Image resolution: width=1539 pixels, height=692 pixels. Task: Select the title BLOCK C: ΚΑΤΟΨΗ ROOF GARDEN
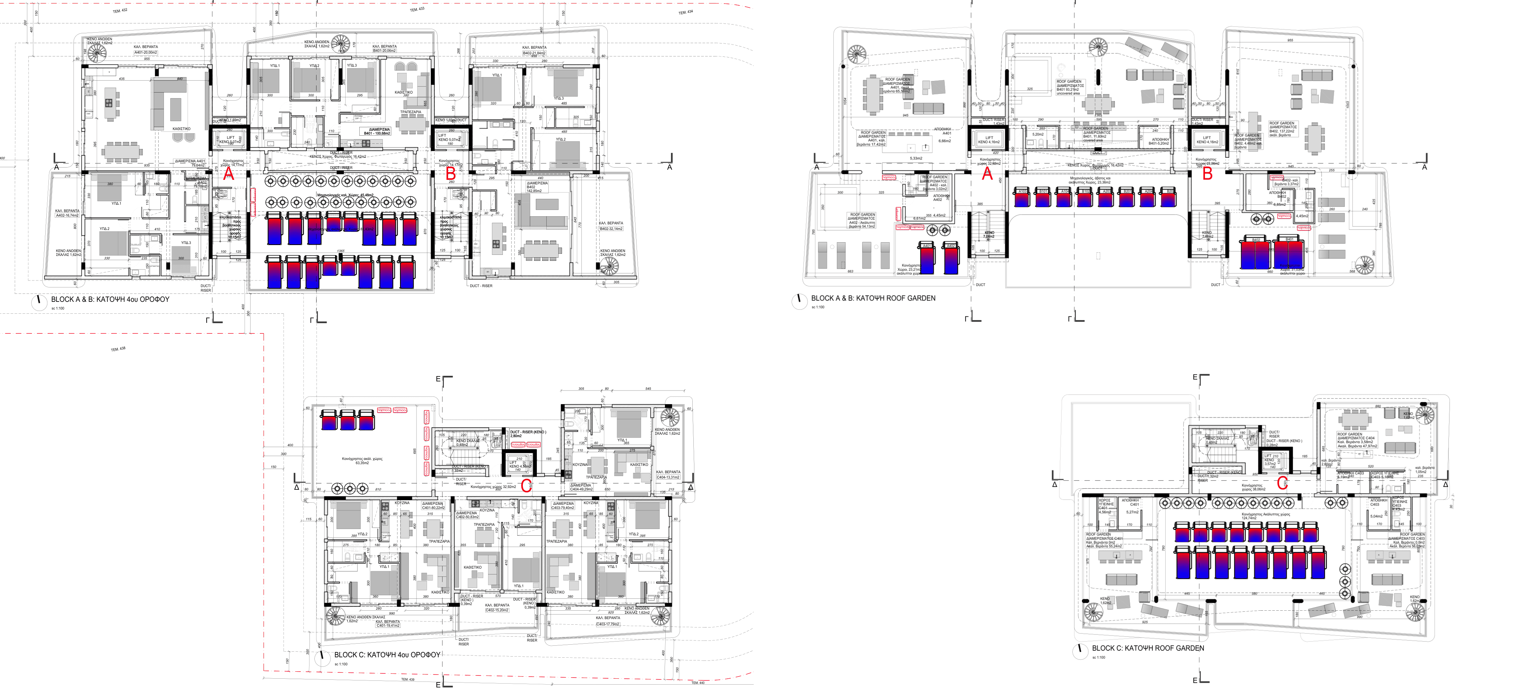point(1148,648)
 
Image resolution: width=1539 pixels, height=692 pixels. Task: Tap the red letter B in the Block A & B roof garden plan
point(1207,174)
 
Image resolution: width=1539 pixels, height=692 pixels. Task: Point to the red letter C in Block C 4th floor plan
point(526,486)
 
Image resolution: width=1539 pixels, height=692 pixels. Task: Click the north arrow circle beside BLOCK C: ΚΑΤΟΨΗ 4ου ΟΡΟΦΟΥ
point(322,657)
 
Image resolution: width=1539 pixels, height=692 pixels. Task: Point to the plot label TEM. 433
point(417,9)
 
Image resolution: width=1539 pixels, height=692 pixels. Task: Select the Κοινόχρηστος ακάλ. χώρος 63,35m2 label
point(362,460)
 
